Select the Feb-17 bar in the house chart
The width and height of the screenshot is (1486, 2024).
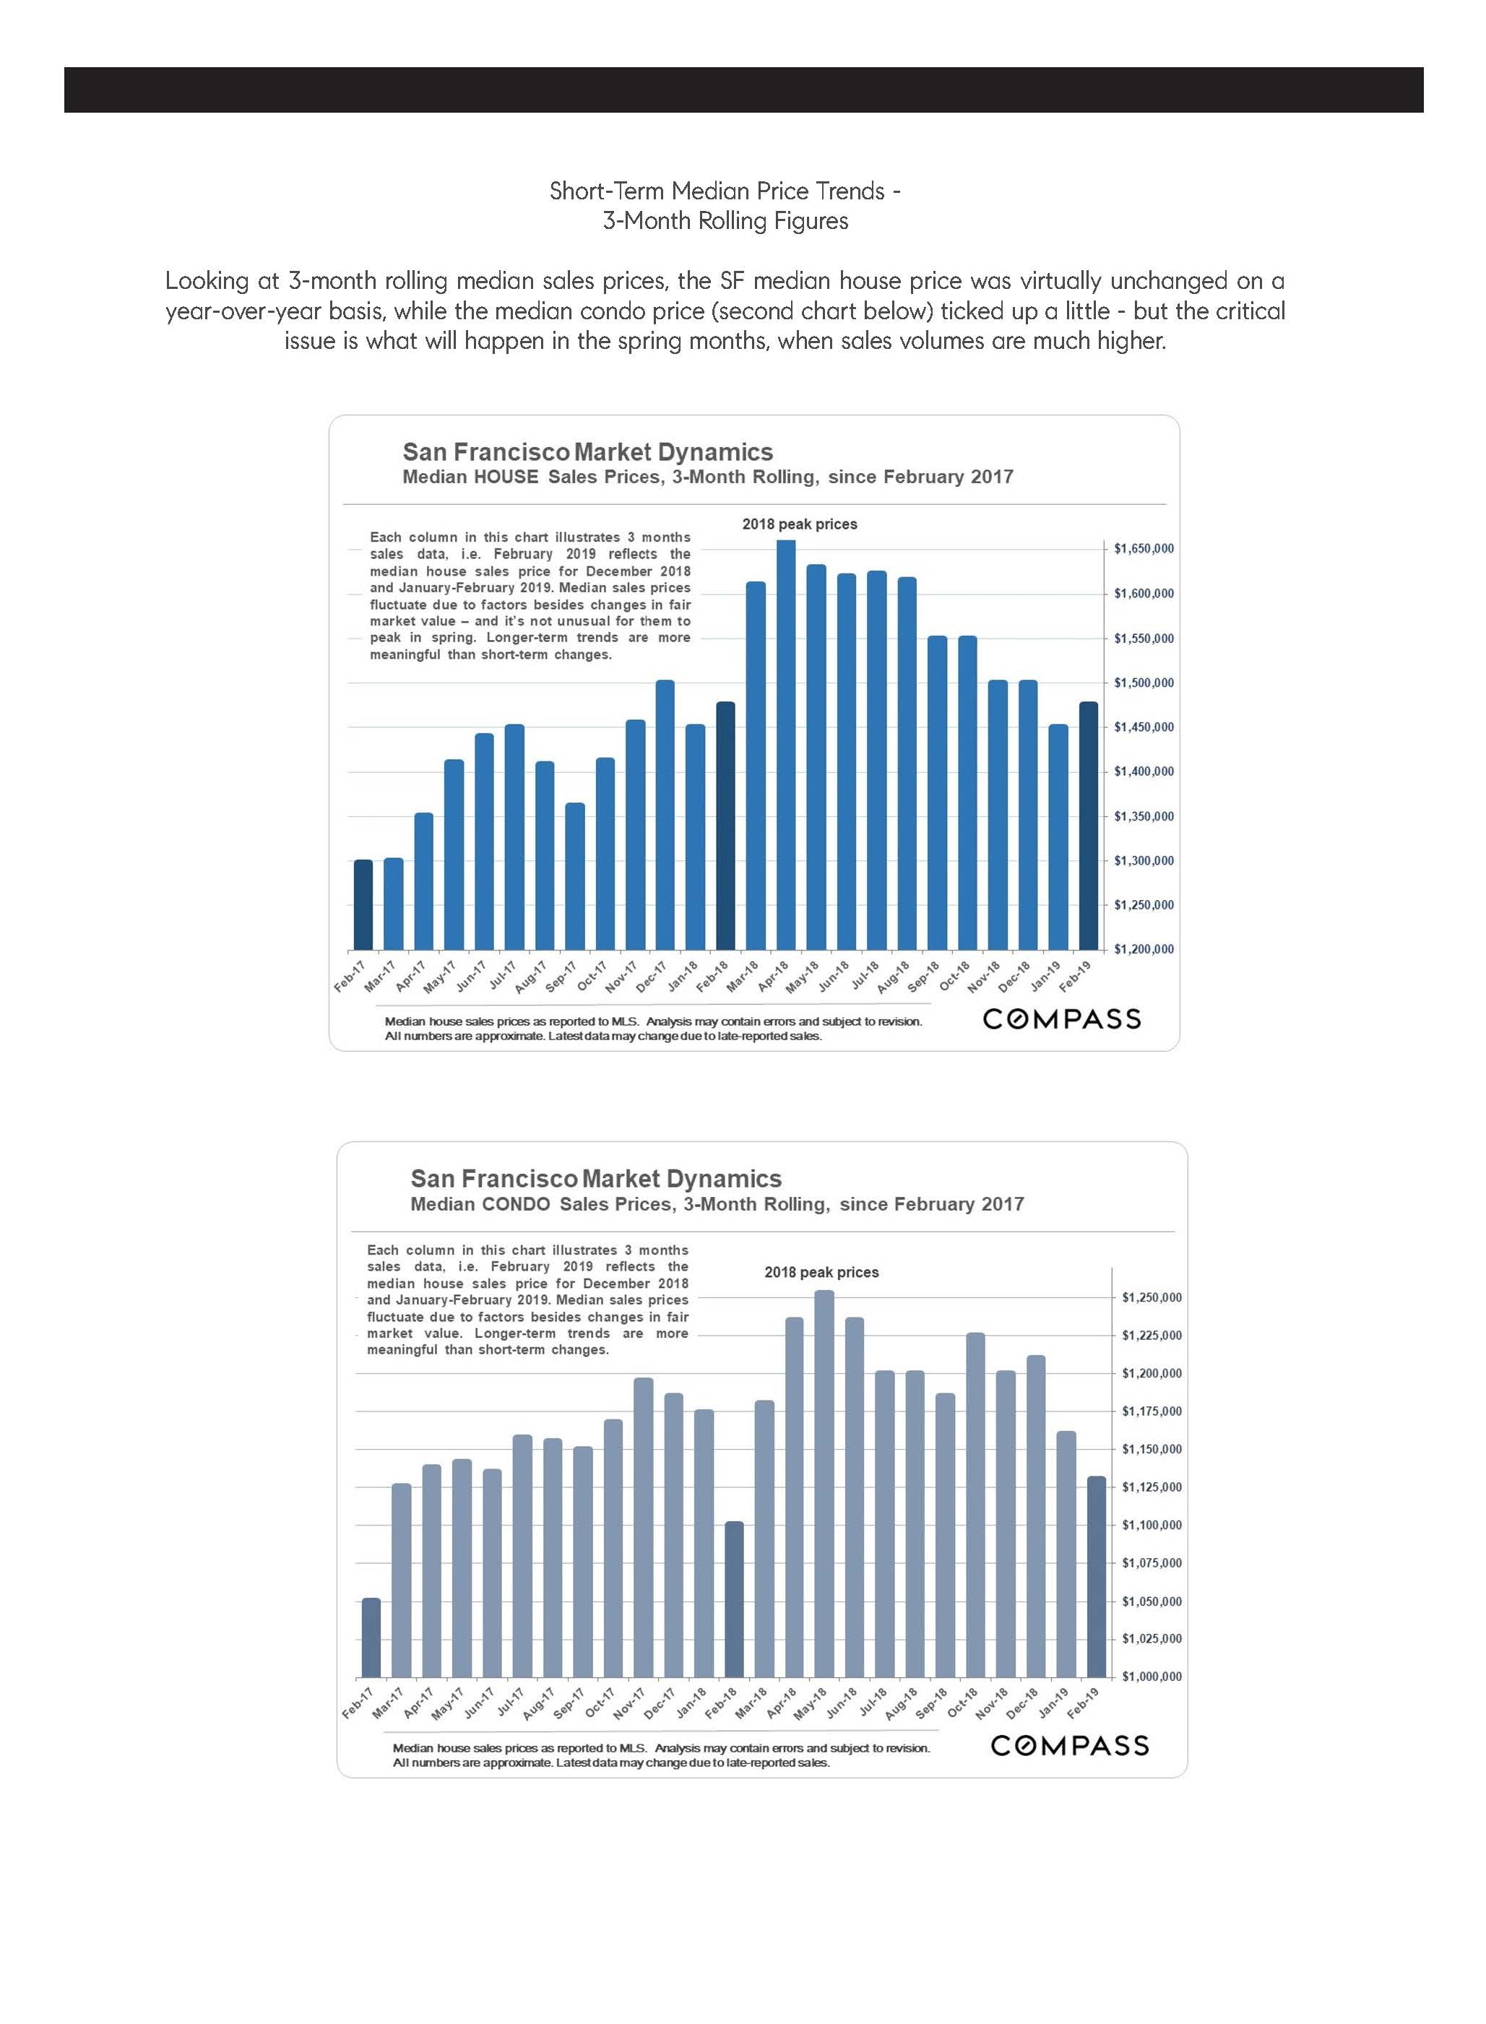click(x=363, y=904)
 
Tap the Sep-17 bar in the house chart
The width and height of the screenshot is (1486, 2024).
click(x=575, y=876)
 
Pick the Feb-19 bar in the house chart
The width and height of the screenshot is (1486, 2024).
click(x=1089, y=825)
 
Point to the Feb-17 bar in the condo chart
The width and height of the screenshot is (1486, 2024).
click(x=371, y=1638)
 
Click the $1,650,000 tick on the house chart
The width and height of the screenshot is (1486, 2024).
click(x=1144, y=549)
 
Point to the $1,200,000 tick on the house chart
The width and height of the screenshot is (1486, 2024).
click(x=1144, y=949)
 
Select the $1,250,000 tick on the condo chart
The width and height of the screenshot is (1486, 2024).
click(x=1152, y=1297)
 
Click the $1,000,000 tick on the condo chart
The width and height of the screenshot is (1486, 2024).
click(x=1152, y=1677)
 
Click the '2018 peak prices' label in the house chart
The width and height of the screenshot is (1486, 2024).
click(x=800, y=524)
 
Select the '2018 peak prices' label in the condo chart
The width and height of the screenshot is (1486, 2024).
click(x=821, y=1272)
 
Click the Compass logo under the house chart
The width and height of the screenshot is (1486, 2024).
click(x=1061, y=1019)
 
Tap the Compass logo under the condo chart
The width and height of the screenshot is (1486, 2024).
click(x=1069, y=1746)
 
